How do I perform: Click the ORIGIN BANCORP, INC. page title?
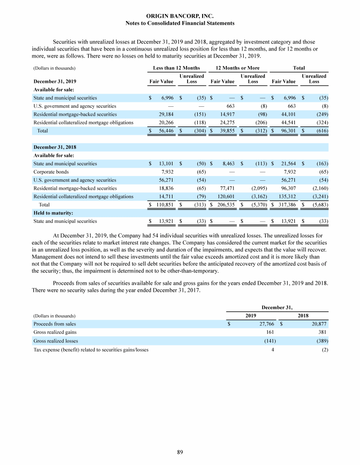click(180, 16)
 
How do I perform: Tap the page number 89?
click(180, 452)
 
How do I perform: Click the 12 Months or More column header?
click(237, 68)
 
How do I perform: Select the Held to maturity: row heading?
click(53, 213)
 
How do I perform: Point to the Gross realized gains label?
click(55, 332)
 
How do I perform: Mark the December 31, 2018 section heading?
click(55, 147)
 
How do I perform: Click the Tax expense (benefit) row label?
click(90, 349)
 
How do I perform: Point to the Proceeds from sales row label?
click(54, 324)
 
